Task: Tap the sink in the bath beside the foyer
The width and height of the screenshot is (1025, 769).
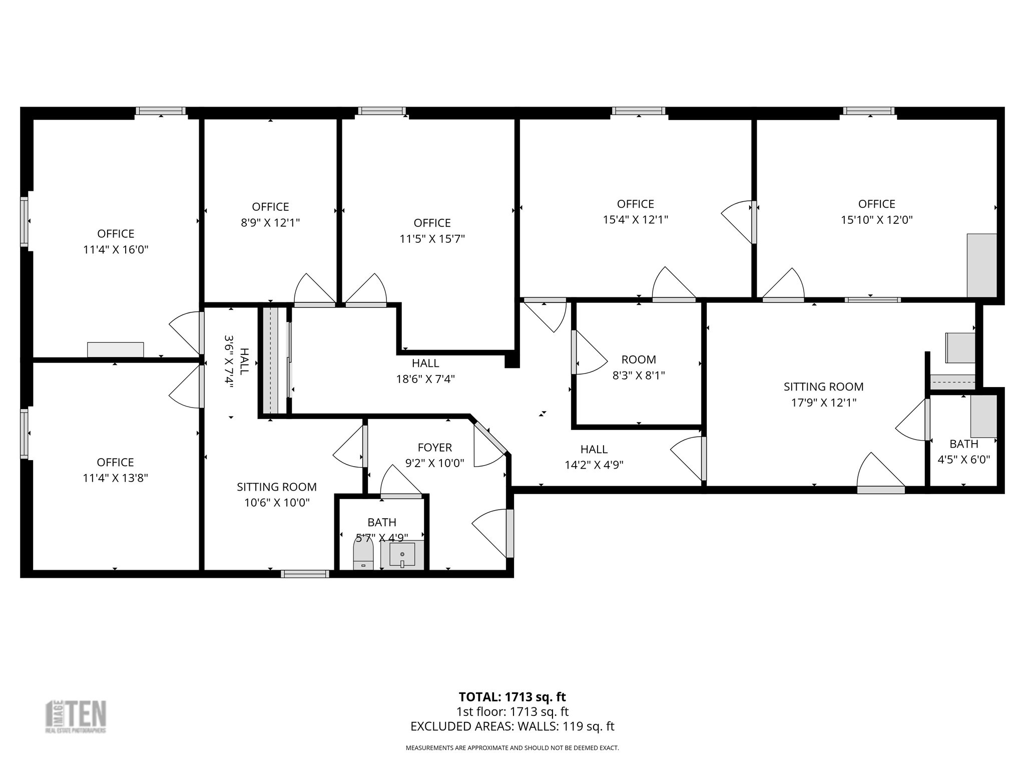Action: point(402,555)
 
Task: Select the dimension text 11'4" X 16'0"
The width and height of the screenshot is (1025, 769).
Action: point(116,249)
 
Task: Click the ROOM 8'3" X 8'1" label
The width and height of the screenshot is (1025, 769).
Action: point(639,367)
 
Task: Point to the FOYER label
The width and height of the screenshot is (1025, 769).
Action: point(434,448)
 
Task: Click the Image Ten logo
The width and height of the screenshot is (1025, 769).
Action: point(76,716)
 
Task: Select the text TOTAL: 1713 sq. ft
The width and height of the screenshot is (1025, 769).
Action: point(512,697)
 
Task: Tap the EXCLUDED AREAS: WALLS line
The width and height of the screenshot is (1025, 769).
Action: point(512,726)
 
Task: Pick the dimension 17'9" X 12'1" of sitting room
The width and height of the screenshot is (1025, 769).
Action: point(823,403)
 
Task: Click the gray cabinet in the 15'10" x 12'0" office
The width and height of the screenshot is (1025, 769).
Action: point(981,265)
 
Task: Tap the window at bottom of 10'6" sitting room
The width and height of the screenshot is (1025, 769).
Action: point(305,574)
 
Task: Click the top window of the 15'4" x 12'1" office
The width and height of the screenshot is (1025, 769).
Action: point(638,111)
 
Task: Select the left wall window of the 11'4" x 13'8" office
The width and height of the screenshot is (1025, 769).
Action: point(24,433)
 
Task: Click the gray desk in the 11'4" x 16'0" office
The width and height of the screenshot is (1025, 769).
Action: point(115,349)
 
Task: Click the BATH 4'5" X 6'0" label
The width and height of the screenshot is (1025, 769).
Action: point(963,452)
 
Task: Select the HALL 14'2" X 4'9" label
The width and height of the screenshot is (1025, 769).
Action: point(594,457)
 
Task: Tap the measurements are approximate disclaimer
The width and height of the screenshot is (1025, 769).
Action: point(512,748)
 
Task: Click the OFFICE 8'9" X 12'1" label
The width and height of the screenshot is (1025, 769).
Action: point(270,214)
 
